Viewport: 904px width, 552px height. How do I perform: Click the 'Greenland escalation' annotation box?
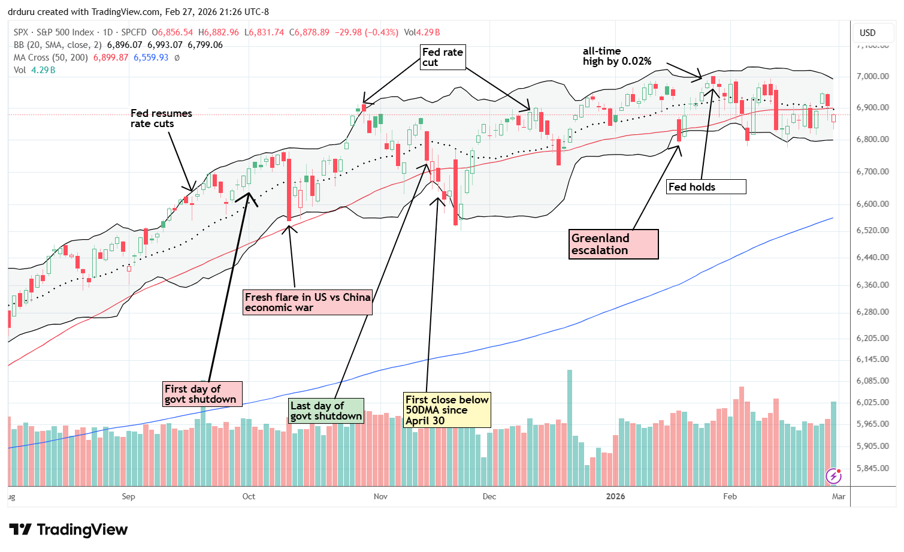(x=613, y=245)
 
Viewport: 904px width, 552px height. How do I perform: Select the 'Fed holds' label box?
(x=706, y=187)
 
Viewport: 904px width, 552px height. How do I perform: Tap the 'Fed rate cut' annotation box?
(x=442, y=58)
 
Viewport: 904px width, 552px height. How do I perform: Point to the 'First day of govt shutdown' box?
(x=202, y=394)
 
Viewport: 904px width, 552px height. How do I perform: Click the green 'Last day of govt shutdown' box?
(x=325, y=411)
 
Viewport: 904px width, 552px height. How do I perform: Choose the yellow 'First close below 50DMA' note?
(x=448, y=410)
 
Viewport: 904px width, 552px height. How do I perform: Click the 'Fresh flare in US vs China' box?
(x=307, y=302)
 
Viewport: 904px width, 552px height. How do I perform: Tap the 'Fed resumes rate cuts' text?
(x=161, y=119)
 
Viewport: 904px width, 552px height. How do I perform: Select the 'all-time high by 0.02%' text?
(x=616, y=56)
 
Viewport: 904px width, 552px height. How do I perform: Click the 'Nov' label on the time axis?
(x=380, y=496)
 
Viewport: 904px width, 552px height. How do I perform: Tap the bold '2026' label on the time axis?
(x=615, y=496)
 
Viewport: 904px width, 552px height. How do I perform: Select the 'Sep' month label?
(x=128, y=496)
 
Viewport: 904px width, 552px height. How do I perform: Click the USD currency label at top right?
(x=867, y=33)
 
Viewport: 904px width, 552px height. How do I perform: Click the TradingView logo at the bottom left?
(x=68, y=530)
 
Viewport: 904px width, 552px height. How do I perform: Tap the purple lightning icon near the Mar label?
(x=833, y=476)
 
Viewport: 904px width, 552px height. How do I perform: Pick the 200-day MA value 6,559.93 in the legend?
(x=151, y=58)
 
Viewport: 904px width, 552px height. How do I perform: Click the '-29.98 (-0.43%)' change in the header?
(x=365, y=32)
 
